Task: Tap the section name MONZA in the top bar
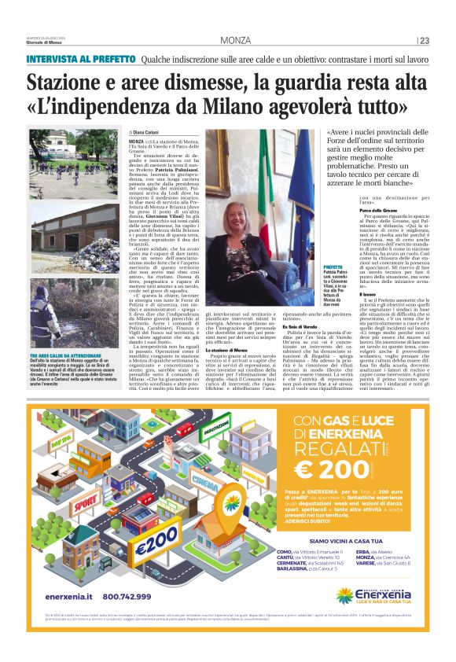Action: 235,41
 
